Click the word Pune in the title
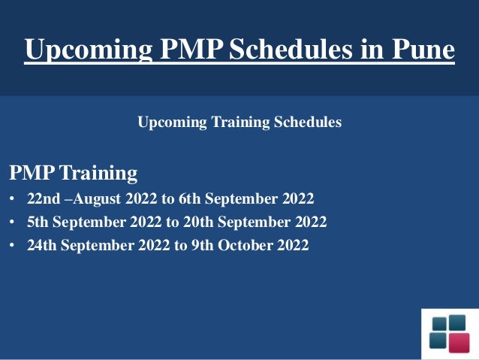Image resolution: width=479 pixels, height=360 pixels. [422, 49]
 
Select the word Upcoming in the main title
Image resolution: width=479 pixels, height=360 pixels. [89, 49]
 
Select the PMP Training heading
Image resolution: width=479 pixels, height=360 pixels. [74, 174]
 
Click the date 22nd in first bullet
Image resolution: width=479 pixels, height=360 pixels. [41, 200]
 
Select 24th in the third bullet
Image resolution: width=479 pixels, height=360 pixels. [41, 245]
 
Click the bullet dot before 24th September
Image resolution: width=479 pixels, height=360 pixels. [12, 246]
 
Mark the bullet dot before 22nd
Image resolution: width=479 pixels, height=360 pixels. [12, 201]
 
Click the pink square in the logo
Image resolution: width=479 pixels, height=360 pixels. [458, 342]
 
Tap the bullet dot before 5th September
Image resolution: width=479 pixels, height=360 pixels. [12, 223]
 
